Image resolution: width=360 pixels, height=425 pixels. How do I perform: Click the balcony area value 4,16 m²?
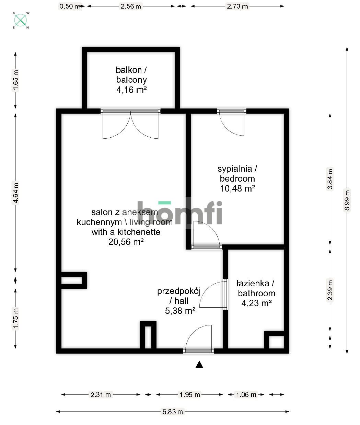pyautogui.click(x=131, y=90)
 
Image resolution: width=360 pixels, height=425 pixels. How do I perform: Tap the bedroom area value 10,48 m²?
pyautogui.click(x=237, y=188)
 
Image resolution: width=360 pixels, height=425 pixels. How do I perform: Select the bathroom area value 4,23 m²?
pyautogui.click(x=257, y=303)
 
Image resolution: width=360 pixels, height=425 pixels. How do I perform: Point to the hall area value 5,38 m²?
pyautogui.click(x=180, y=311)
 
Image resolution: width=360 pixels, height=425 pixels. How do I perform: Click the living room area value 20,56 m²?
pyautogui.click(x=126, y=242)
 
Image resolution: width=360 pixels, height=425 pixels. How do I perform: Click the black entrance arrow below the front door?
pyautogui.click(x=199, y=365)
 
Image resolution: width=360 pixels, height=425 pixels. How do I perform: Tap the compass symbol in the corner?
pyautogui.click(x=21, y=20)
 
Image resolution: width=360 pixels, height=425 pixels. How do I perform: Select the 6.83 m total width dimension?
pyautogui.click(x=173, y=412)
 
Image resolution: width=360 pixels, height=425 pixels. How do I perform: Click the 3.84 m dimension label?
pyautogui.click(x=330, y=179)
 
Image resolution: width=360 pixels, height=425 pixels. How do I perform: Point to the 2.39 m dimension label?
pyautogui.click(x=330, y=290)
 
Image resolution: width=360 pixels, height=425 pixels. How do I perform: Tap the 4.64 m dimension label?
pyautogui.click(x=15, y=192)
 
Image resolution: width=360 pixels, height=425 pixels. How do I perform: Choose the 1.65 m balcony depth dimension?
pyautogui.click(x=15, y=80)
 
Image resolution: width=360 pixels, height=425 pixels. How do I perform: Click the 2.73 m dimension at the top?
pyautogui.click(x=237, y=6)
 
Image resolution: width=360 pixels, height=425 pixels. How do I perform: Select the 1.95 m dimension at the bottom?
pyautogui.click(x=190, y=395)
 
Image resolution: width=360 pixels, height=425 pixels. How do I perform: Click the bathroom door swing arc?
pyautogui.click(x=211, y=295)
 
